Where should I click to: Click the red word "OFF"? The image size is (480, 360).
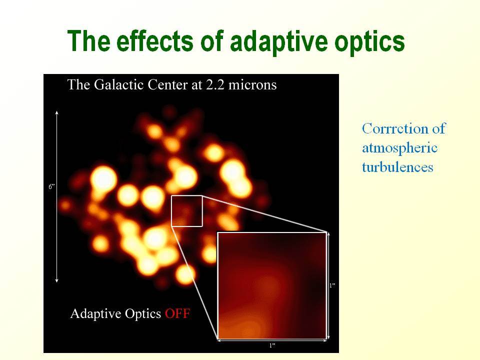click(177, 313)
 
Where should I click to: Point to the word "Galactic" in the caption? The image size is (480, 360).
click(118, 85)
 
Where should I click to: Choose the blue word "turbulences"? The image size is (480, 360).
click(397, 167)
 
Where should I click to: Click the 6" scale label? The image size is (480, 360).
click(51, 186)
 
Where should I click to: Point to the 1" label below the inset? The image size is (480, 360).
click(272, 345)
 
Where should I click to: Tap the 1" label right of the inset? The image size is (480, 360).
click(332, 285)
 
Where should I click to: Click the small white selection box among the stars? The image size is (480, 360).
click(187, 195)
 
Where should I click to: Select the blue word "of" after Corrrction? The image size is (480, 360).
click(438, 128)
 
